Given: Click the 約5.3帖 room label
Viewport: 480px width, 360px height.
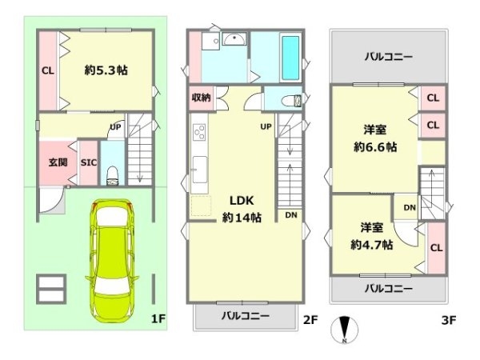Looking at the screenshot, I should [106, 70].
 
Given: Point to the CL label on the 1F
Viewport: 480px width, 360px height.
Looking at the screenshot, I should [47, 70].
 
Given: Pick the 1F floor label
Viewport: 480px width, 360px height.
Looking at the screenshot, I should [157, 319].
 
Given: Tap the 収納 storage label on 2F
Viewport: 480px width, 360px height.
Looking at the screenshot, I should [201, 98].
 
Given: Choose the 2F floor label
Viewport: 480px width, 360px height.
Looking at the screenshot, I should [310, 320].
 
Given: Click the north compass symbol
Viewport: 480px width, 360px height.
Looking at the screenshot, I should [345, 330].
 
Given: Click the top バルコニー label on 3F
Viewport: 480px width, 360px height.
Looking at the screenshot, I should [388, 56].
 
